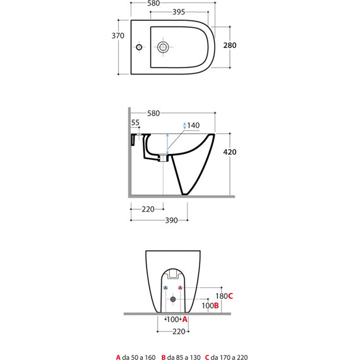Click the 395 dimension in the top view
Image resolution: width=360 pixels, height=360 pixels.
point(179,12)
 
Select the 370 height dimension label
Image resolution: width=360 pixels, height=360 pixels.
point(117,36)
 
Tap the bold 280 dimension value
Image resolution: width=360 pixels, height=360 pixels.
point(230,45)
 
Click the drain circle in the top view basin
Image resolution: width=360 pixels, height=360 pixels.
point(163,47)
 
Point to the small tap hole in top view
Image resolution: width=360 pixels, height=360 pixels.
point(139,47)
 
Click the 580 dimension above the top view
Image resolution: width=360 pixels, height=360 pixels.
point(153,3)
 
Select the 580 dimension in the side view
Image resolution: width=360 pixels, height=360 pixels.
point(153,114)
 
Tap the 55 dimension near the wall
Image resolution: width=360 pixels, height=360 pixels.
point(135,123)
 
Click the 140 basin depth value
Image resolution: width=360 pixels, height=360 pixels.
point(193,126)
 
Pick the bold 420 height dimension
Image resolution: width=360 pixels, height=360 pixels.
point(230,152)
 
